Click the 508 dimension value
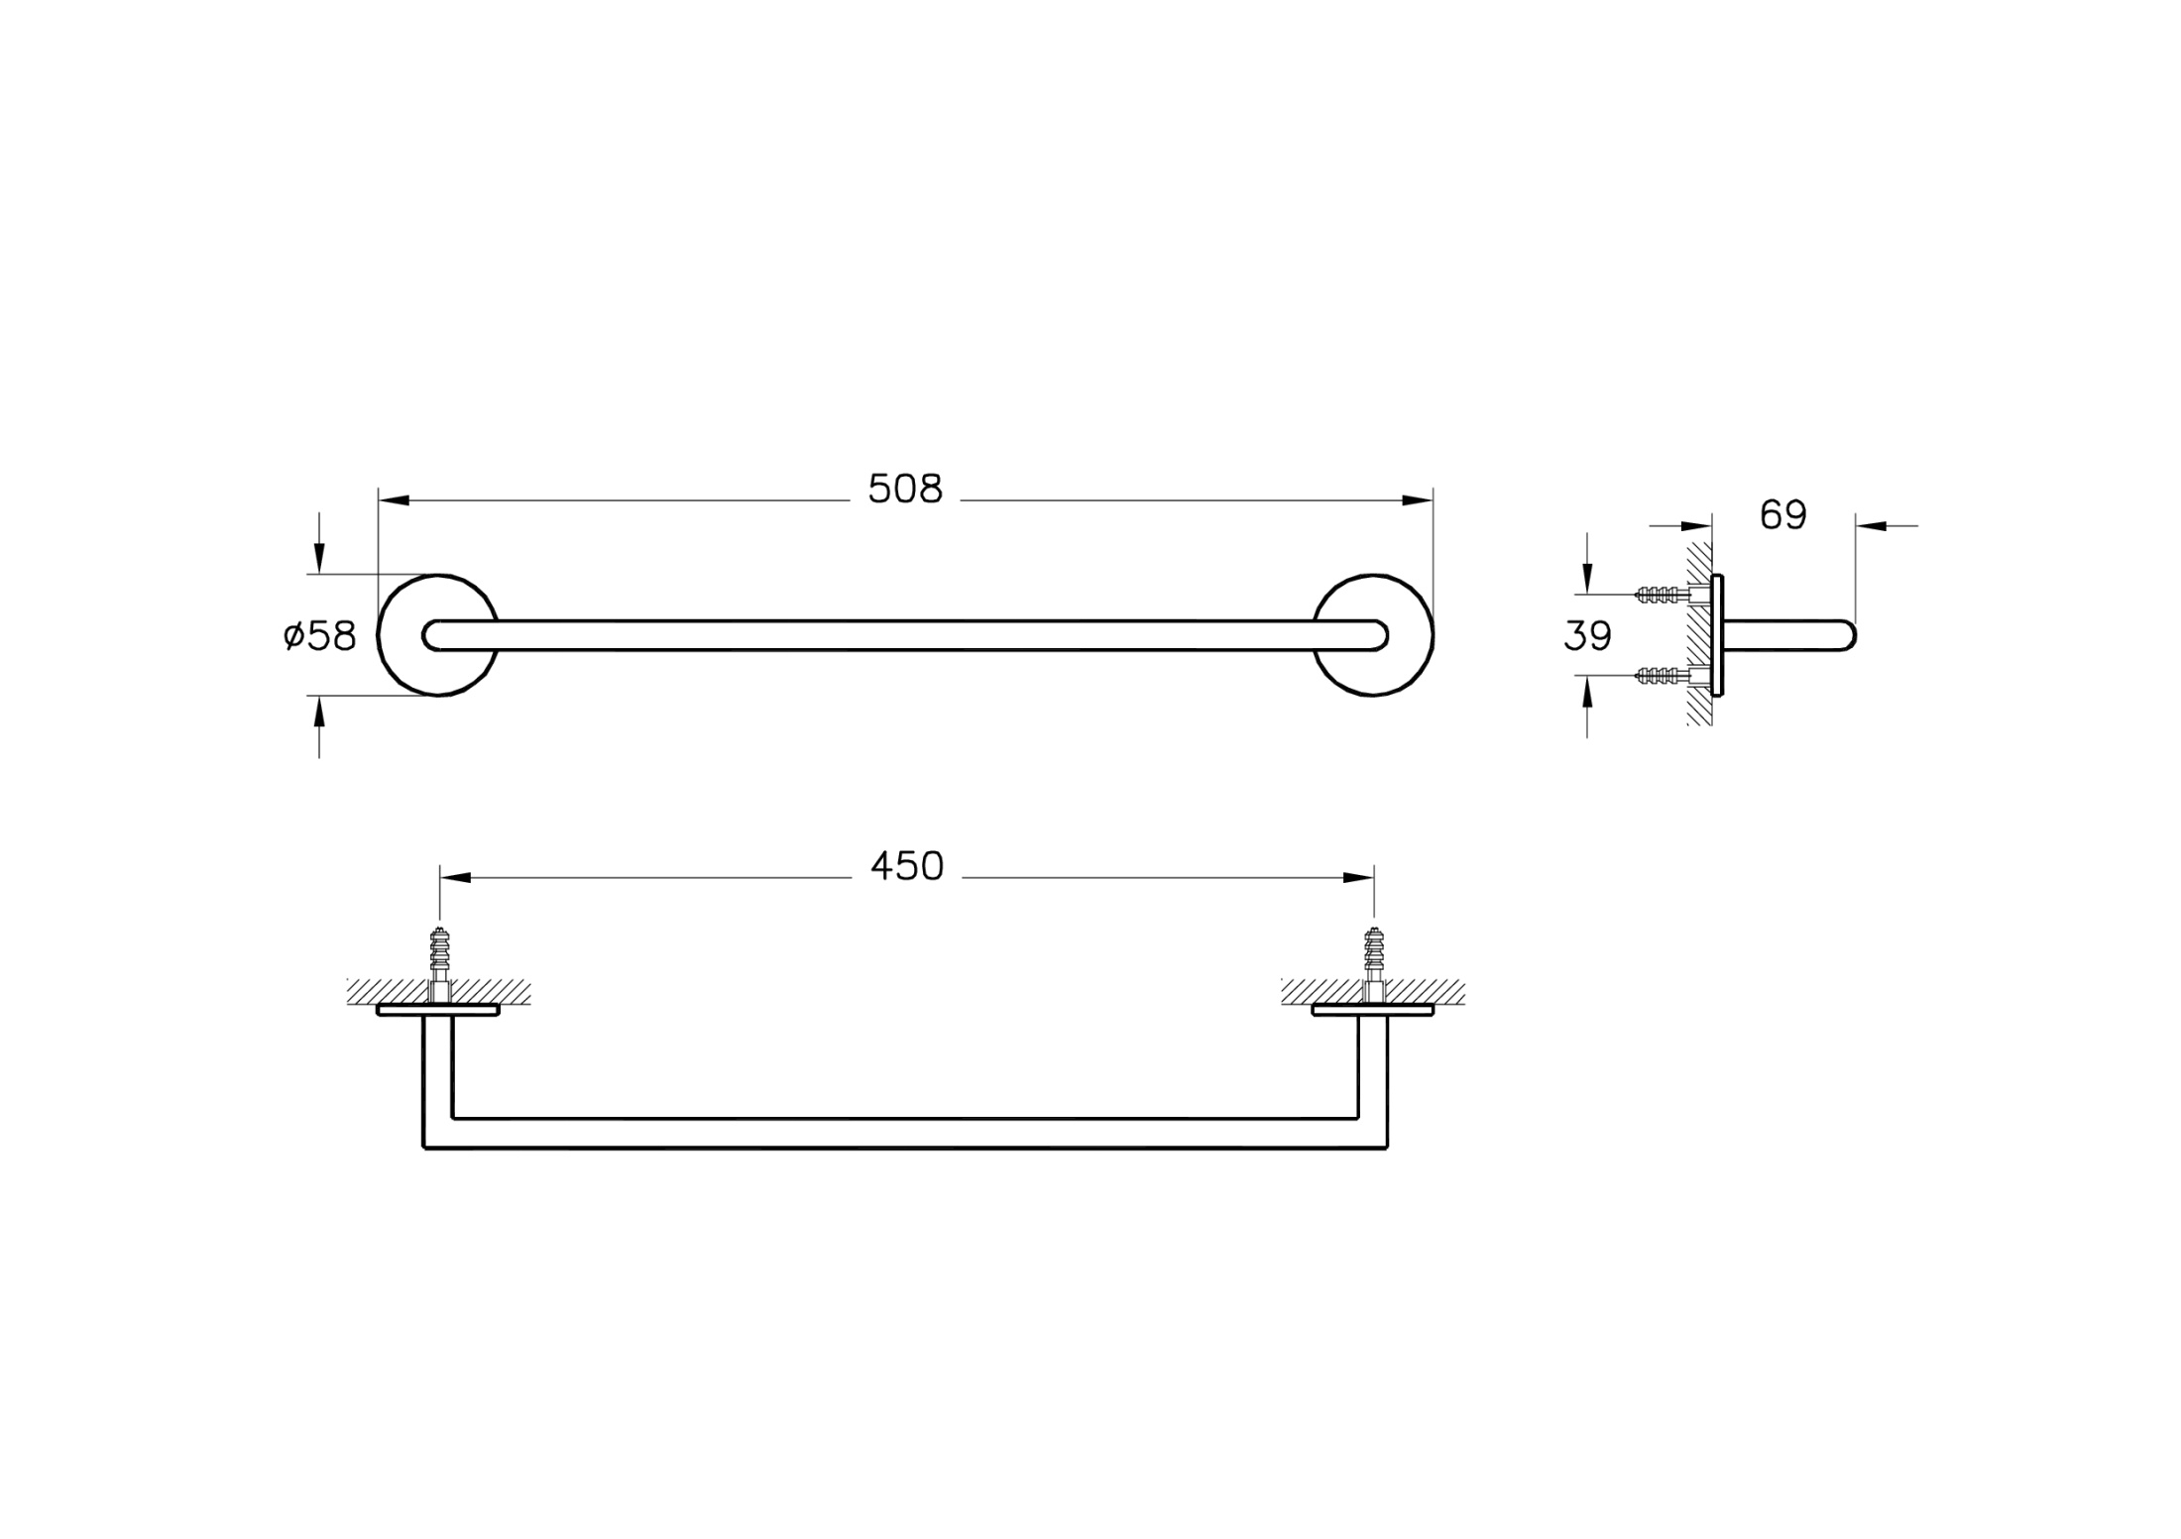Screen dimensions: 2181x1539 [905, 490]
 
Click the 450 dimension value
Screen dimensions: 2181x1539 [907, 867]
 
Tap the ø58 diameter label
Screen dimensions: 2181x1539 [319, 635]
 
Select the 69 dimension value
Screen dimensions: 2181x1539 [1783, 515]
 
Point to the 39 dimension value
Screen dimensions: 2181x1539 [1587, 636]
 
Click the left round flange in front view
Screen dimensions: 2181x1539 [381, 635]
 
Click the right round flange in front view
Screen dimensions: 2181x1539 [1431, 635]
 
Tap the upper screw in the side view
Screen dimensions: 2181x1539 [1662, 595]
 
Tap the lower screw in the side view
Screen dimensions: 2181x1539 [1662, 676]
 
